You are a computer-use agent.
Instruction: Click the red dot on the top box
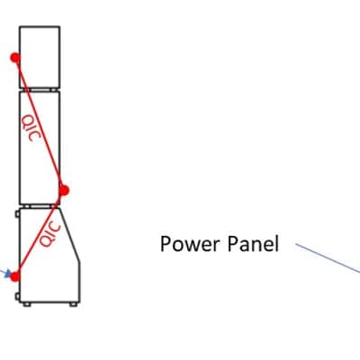pyautogui.click(x=15, y=58)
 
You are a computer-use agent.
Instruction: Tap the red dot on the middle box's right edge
pyautogui.click(x=64, y=190)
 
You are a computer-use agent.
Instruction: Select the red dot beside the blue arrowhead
pyautogui.click(x=15, y=276)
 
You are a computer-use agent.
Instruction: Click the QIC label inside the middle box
pyautogui.click(x=31, y=128)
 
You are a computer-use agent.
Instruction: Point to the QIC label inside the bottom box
pyautogui.click(x=50, y=234)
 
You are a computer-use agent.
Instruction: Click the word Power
pyautogui.click(x=190, y=244)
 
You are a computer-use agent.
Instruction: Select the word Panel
pyautogui.click(x=253, y=244)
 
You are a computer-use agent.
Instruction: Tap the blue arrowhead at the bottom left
pyautogui.click(x=8, y=274)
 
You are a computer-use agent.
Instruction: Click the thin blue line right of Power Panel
pyautogui.click(x=328, y=258)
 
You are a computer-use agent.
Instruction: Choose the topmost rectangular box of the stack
pyautogui.click(x=40, y=57)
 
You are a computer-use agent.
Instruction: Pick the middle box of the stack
pyautogui.click(x=40, y=148)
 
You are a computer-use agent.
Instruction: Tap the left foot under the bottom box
pyautogui.click(x=27, y=304)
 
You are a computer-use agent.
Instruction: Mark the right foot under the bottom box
pyautogui.click(x=73, y=304)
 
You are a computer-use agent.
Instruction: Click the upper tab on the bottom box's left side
pyautogui.click(x=17, y=214)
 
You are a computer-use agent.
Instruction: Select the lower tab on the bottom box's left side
pyautogui.click(x=17, y=297)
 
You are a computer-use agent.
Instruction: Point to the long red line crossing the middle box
pyautogui.click(x=40, y=123)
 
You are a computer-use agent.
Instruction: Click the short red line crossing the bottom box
pyautogui.click(x=40, y=233)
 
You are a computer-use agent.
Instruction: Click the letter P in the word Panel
pyautogui.click(x=232, y=244)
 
